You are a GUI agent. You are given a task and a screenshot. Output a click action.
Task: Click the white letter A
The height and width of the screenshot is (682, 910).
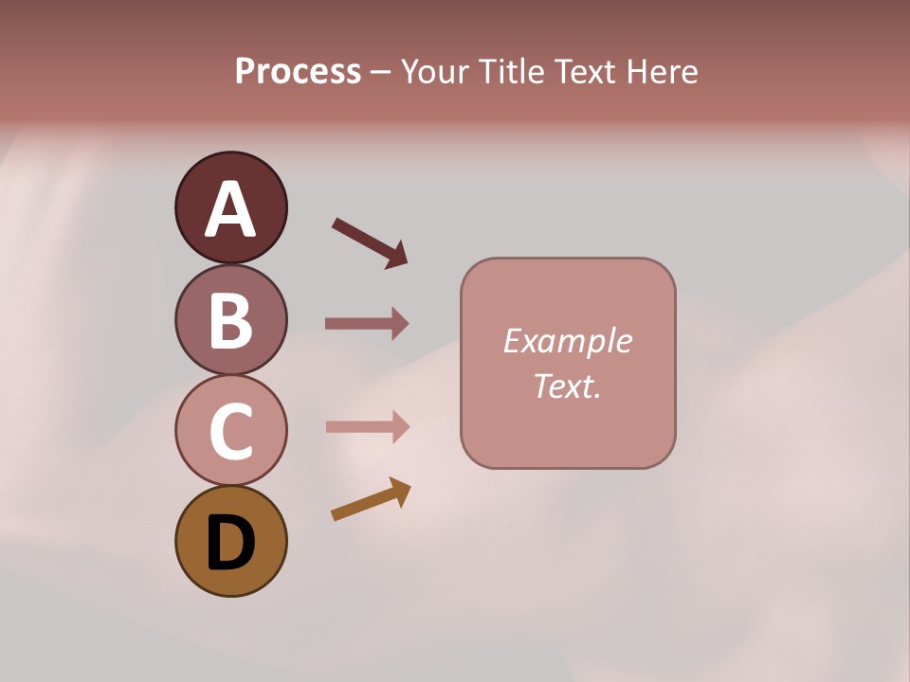coord(230,209)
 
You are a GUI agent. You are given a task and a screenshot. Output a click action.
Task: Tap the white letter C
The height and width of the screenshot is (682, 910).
coord(230,431)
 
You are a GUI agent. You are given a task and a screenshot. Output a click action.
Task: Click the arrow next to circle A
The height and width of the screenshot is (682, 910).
coord(369,242)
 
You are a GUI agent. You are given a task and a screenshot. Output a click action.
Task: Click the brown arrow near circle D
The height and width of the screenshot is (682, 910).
coord(371,499)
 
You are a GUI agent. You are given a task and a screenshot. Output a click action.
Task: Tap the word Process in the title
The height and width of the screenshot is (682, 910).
coord(298,72)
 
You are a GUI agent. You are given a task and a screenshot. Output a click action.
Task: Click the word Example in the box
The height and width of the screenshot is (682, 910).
coord(567,341)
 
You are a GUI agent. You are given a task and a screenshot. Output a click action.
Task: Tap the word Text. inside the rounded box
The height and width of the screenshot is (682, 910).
coord(567,386)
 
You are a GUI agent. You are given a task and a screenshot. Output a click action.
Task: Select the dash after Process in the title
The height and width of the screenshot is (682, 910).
coord(381,73)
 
